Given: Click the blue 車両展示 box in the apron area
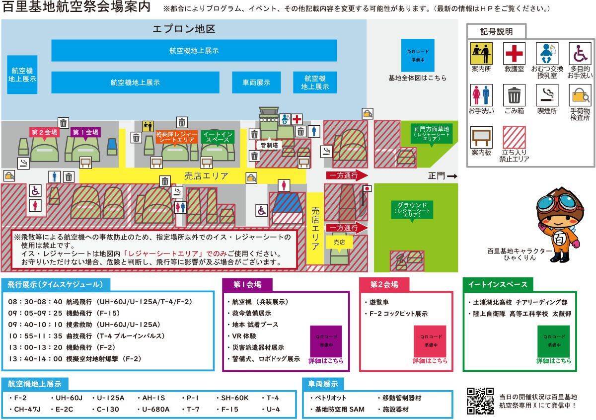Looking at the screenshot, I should coord(256,83).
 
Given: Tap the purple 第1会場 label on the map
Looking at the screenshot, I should coord(85,132).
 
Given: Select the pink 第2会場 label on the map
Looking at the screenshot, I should coord(44,132).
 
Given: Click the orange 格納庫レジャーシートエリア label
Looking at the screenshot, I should coord(176,137).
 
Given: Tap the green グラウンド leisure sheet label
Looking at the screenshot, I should coord(412,209).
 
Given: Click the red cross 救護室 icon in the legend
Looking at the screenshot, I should coord(514,53).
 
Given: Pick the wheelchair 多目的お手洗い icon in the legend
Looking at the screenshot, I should coord(580,53).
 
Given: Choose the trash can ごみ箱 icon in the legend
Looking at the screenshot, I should coord(514,95).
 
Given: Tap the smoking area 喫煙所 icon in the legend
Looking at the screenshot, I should coord(547,95).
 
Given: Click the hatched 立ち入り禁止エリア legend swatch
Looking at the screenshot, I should coord(514,137).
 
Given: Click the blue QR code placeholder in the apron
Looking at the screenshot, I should coord(418,55).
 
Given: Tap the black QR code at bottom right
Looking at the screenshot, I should coord(480,401).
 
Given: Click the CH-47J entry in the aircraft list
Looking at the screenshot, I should coord(25,409).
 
